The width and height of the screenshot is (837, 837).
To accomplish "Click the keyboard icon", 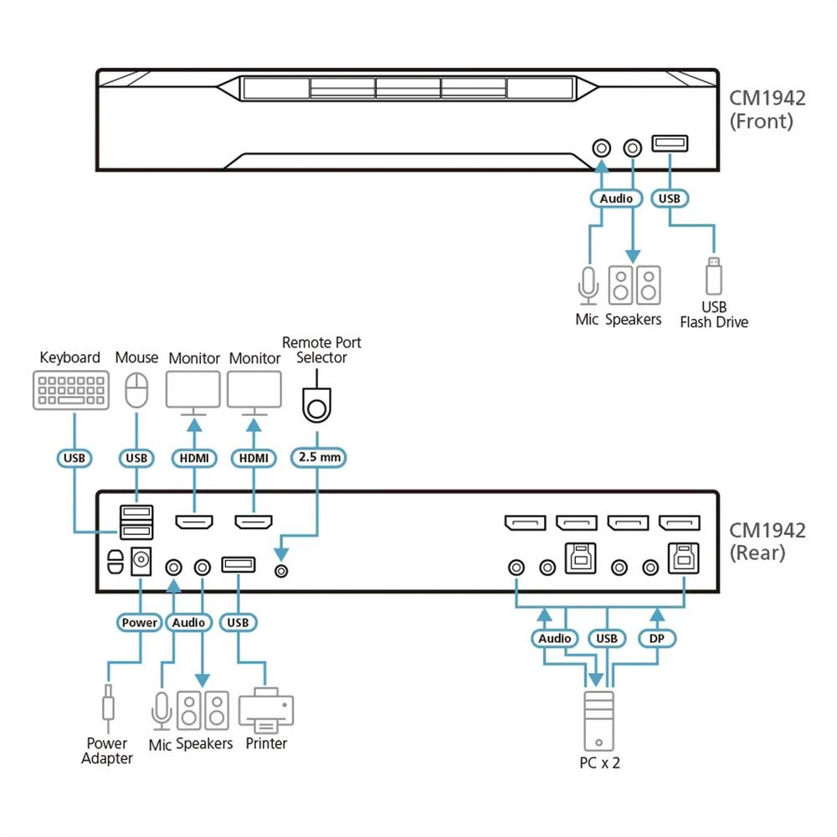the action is point(70,391).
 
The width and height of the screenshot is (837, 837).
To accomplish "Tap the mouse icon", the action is point(136,390).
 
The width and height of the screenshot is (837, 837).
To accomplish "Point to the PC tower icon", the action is point(599,719).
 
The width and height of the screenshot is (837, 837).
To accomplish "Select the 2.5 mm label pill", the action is point(317,458).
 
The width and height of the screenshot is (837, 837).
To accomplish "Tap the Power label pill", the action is point(139,623).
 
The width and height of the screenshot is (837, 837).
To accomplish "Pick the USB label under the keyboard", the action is point(75,458).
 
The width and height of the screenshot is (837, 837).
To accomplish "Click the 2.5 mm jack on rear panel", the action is point(283,570).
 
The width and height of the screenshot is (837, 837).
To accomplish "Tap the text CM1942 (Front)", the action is point(767,110).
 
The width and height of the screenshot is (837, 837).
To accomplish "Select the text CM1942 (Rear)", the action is point(767,542).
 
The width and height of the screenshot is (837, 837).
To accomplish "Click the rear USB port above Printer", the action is point(239,565).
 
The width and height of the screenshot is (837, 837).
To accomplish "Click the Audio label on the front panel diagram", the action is point(616,199).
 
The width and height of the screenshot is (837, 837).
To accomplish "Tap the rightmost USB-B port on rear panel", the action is point(683,557).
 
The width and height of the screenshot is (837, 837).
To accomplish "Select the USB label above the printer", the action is point(239,623).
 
